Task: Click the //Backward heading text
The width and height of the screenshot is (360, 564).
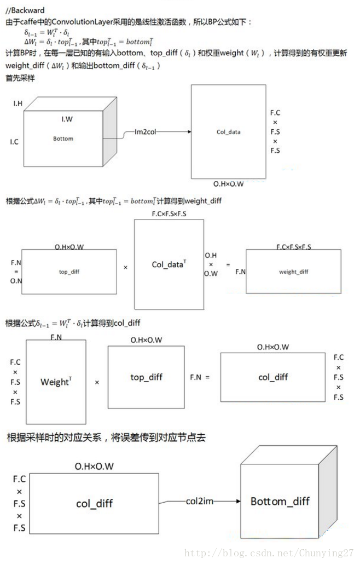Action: [x=25, y=10]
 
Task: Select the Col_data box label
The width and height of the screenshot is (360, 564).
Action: [x=229, y=131]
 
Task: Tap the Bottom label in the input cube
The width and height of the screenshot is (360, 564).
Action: [x=63, y=139]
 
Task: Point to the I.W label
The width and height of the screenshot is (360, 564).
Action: [x=67, y=118]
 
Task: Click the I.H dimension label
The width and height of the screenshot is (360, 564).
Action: [x=18, y=103]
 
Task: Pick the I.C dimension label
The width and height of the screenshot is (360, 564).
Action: [x=14, y=142]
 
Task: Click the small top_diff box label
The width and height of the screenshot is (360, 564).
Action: [x=69, y=271]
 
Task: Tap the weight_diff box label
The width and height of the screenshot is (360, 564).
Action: [x=294, y=272]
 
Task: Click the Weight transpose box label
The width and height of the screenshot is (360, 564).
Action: [x=55, y=382]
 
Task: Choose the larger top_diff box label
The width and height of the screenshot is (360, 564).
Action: [x=146, y=377]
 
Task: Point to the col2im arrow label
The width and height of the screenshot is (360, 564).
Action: [x=200, y=501]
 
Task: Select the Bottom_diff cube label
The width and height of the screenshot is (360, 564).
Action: [x=280, y=501]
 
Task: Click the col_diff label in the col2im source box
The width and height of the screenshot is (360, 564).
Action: [x=94, y=503]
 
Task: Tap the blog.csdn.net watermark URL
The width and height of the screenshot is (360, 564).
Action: [x=269, y=554]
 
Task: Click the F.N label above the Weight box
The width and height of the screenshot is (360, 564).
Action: [x=56, y=337]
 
